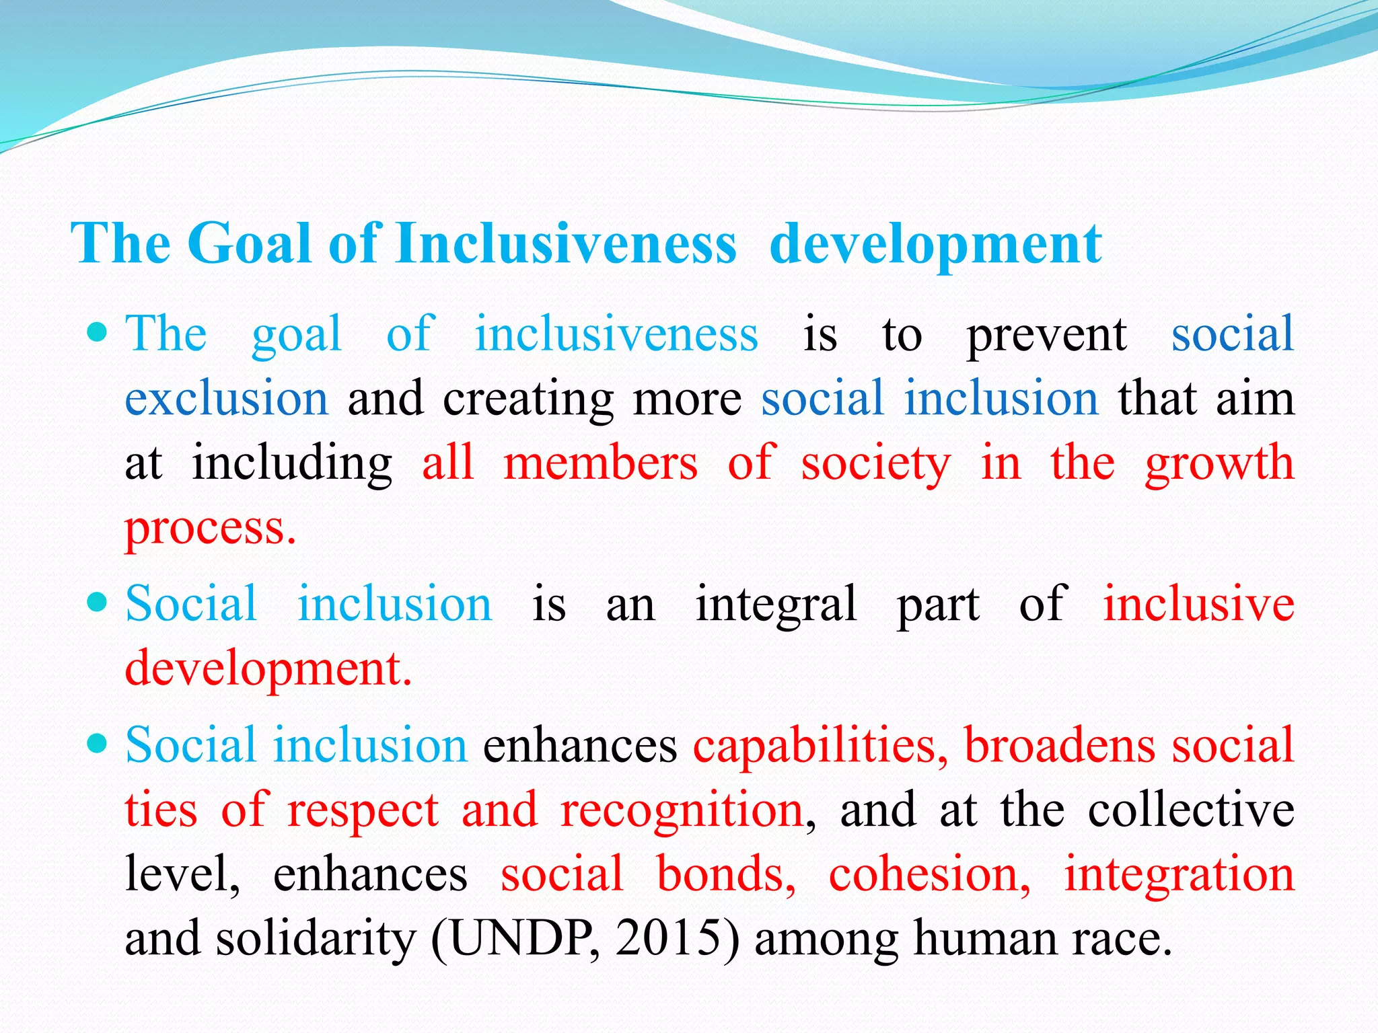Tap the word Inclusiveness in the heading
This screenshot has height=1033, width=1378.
[x=567, y=243]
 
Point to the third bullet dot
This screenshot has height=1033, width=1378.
[x=98, y=743]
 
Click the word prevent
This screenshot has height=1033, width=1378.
[x=1046, y=335]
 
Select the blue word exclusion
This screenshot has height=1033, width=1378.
[x=227, y=398]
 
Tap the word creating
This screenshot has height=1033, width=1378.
[x=528, y=399]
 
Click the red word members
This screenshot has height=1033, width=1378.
[x=601, y=463]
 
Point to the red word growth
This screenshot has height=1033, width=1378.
[x=1219, y=464]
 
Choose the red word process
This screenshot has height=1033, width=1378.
[x=210, y=529]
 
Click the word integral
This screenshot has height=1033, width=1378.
[x=776, y=604]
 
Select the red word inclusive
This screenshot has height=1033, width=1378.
[x=1198, y=603]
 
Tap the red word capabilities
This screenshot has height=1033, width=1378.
[x=820, y=746]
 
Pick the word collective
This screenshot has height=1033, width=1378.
[x=1191, y=810]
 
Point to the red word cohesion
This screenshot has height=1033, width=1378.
[x=929, y=874]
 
